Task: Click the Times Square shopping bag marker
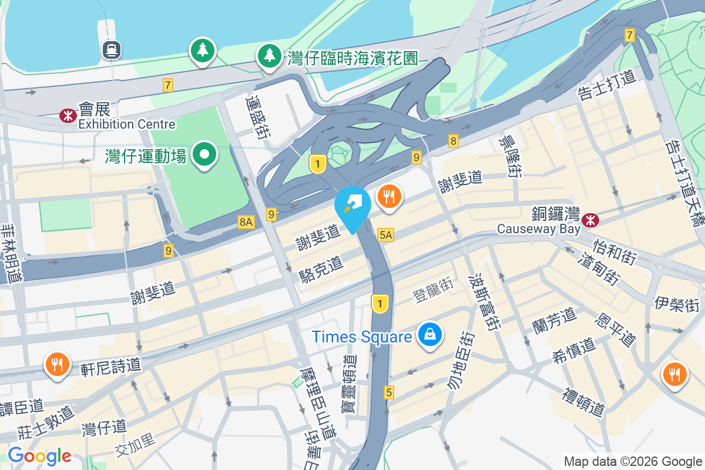[430, 335]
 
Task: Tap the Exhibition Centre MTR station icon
[68, 116]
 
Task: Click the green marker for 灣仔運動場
[204, 155]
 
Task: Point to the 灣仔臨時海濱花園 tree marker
[270, 56]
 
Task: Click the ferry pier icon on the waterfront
[111, 49]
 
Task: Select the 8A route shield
[246, 222]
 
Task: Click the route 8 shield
[453, 140]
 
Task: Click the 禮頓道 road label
[583, 402]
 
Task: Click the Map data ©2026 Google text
[632, 461]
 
